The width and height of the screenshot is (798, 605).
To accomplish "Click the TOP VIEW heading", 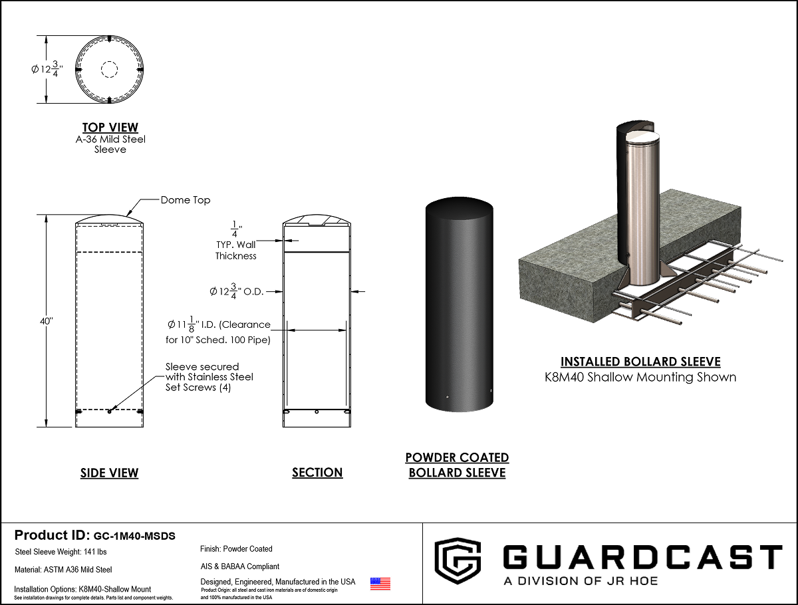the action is [110, 128].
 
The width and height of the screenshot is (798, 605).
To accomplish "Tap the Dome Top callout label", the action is [186, 200].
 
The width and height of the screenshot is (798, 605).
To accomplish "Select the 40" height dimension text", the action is [47, 321].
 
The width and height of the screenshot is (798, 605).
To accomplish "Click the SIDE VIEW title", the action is [110, 473].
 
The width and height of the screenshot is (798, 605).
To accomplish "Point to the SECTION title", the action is [317, 473].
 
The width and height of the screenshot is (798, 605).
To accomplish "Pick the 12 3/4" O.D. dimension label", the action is [236, 291].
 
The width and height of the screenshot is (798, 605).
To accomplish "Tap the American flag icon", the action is [380, 584].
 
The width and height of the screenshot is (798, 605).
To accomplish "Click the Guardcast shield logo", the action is [458, 560].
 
